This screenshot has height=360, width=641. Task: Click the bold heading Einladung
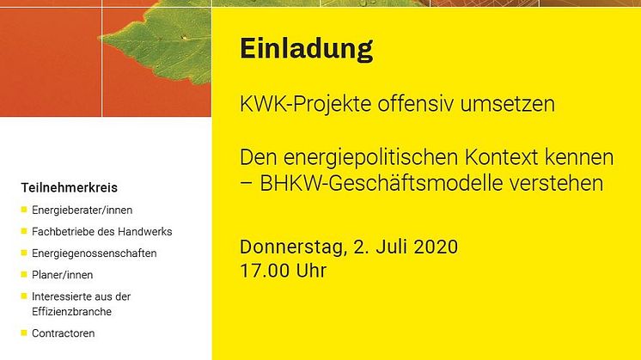click(306, 50)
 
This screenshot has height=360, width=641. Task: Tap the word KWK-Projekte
click(306, 105)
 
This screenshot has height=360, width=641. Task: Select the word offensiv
click(415, 103)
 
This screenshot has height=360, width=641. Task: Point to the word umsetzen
click(507, 104)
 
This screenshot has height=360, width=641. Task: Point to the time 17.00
click(265, 271)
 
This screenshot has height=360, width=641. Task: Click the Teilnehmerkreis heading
click(69, 187)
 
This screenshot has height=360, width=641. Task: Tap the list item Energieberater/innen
click(82, 210)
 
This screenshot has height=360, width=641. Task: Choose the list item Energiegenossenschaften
click(95, 253)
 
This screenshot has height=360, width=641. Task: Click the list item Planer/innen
click(62, 275)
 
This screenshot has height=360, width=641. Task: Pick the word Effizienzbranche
click(71, 312)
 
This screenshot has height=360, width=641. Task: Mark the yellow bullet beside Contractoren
click(24, 333)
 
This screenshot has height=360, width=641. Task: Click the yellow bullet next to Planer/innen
click(24, 275)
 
